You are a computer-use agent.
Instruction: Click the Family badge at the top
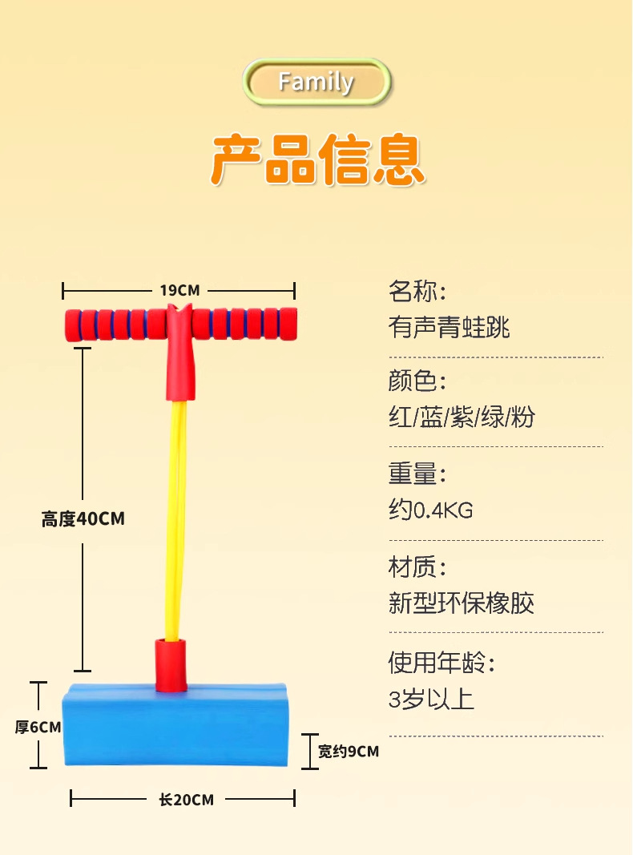[316, 82]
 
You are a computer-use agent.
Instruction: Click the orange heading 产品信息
[317, 161]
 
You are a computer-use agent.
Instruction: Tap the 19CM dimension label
[179, 290]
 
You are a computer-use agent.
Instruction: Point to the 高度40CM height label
[83, 519]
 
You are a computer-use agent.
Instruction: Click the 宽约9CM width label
[348, 752]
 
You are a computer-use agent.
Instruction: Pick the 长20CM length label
[186, 799]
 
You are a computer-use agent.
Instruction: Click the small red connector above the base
[170, 663]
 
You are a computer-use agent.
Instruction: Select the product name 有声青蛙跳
[449, 327]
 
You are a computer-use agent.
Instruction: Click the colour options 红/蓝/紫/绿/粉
[462, 417]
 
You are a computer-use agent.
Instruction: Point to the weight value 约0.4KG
[431, 510]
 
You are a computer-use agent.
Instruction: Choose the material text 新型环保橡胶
[461, 603]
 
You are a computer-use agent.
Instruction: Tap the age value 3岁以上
[431, 700]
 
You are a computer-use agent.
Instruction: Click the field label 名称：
[417, 291]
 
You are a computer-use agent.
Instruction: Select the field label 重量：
[417, 474]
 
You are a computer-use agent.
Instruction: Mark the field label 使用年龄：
[441, 663]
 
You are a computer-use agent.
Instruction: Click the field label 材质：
[417, 568]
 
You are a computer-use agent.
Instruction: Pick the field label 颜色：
[417, 381]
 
